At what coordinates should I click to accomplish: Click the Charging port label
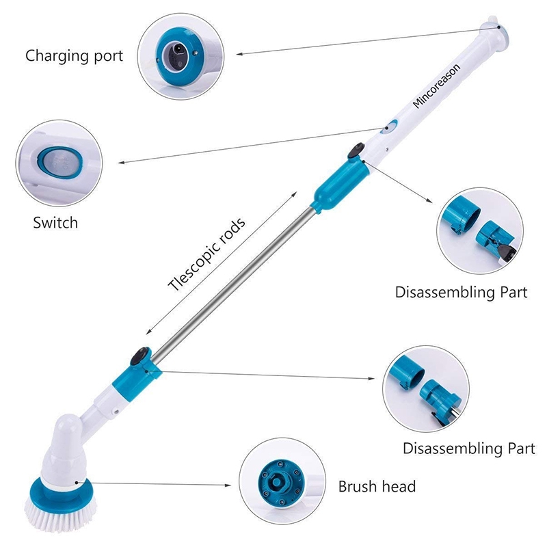[x=75, y=55]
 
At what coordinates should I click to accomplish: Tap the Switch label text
[x=56, y=223]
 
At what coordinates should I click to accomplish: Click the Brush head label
[x=377, y=487]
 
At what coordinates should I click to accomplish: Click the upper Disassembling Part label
[x=462, y=292]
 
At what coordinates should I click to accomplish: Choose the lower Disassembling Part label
[x=468, y=449]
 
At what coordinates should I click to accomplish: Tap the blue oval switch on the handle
[x=390, y=126]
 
